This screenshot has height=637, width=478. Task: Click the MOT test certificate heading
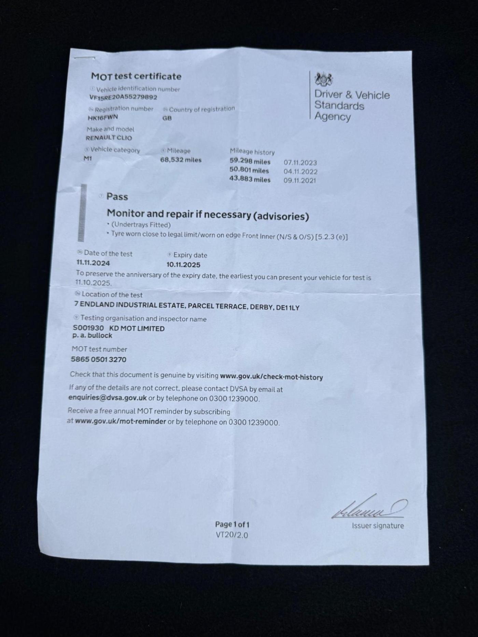click(136, 76)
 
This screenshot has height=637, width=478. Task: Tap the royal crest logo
click(323, 79)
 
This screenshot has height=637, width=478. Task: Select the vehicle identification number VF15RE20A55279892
click(123, 97)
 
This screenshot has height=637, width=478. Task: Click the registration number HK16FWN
click(103, 117)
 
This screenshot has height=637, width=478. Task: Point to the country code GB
click(167, 118)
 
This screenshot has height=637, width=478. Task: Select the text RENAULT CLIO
click(109, 138)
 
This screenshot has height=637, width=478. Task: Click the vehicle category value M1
click(88, 158)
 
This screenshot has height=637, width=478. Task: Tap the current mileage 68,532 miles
click(181, 160)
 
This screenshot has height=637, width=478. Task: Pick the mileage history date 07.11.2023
click(300, 163)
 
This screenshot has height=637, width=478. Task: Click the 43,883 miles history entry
click(250, 179)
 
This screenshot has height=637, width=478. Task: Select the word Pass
click(117, 197)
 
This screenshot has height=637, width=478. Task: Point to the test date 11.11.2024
click(93, 263)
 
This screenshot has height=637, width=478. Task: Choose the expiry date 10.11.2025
click(183, 265)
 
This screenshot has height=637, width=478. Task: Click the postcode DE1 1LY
click(287, 308)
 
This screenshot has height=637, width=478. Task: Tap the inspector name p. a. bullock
click(92, 336)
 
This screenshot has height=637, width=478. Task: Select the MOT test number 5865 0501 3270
click(98, 359)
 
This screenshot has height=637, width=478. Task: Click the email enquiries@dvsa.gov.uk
click(108, 398)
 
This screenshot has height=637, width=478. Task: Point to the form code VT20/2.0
click(232, 535)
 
